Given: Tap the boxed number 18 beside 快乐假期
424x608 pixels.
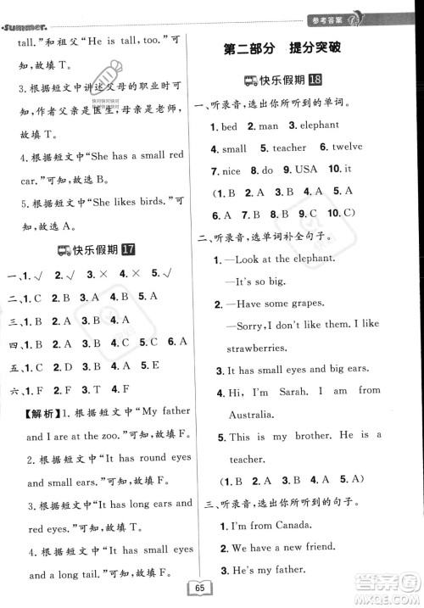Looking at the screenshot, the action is pyautogui.click(x=315, y=81).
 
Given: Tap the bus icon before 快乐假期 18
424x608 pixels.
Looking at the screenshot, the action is pyautogui.click(x=250, y=81).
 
